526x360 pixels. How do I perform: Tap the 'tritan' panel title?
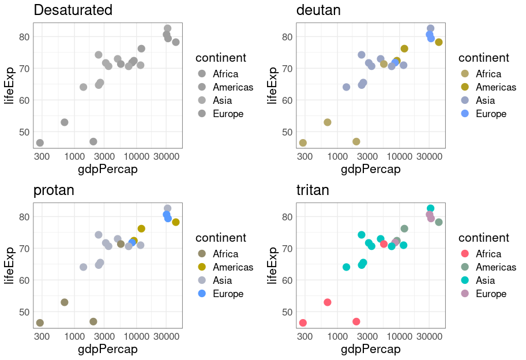click(x=313, y=190)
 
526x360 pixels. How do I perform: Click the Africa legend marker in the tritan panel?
click(x=465, y=254)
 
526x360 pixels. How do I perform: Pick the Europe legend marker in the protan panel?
click(x=202, y=294)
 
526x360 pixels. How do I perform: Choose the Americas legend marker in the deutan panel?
click(x=465, y=87)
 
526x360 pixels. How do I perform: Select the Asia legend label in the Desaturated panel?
click(x=222, y=100)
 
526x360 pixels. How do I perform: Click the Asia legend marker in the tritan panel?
click(x=465, y=280)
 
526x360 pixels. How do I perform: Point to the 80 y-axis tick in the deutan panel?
click(x=287, y=37)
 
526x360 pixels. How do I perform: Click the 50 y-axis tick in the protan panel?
click(x=24, y=312)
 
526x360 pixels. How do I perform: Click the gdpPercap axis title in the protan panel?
click(x=108, y=349)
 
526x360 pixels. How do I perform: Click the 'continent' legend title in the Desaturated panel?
click(x=221, y=58)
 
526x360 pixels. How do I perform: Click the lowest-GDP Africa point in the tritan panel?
click(x=303, y=322)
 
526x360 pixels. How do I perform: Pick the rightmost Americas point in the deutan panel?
click(x=439, y=42)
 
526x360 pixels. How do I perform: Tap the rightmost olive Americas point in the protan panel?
click(x=176, y=222)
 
